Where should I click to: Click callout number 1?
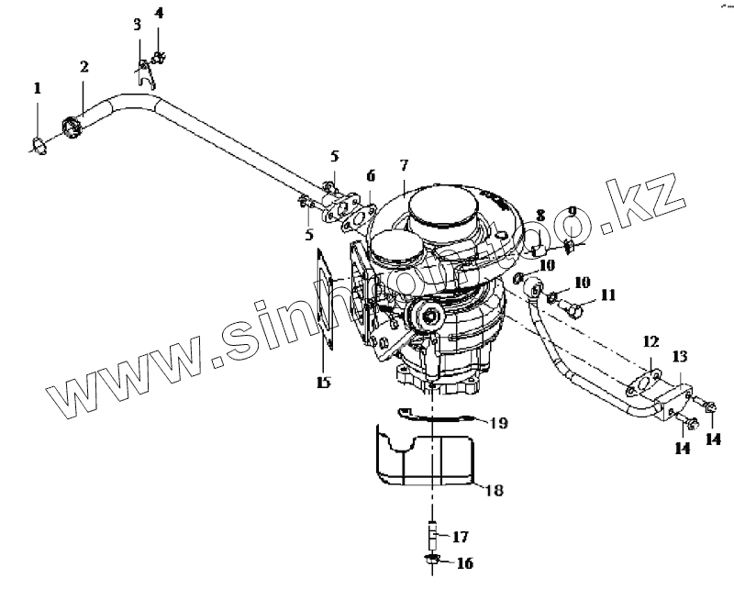[x=38, y=89]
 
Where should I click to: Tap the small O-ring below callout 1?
[x=38, y=144]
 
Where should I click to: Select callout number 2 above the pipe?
[x=83, y=67]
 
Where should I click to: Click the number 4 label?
[x=159, y=13]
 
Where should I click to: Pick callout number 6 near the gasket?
[x=371, y=175]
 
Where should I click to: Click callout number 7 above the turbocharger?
[x=403, y=165]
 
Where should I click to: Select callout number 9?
[x=572, y=212]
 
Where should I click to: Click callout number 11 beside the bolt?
[x=608, y=294]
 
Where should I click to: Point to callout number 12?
[x=650, y=342]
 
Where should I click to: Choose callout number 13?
[x=679, y=355]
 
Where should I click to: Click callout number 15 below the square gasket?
[x=322, y=383]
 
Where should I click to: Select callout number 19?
[x=497, y=423]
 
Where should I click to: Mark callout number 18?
[x=494, y=491]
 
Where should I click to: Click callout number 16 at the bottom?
[x=463, y=562]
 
